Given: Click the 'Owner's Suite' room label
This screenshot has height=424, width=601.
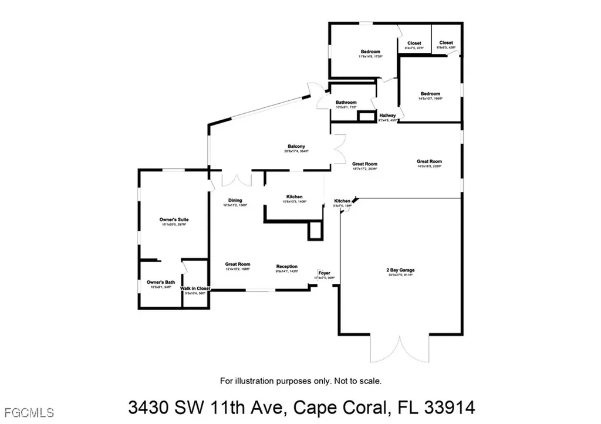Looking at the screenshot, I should pos(174,219).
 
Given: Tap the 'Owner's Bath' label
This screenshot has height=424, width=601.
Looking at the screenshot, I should pos(158,282).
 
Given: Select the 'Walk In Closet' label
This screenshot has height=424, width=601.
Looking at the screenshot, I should pos(195,289).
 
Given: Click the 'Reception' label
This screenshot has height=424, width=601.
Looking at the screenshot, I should pos(287,266).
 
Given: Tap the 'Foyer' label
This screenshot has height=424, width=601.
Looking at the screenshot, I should pos(324,273).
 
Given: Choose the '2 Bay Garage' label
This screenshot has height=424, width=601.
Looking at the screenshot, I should pos(400,270).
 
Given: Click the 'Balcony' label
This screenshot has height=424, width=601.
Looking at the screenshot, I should pos(296,147).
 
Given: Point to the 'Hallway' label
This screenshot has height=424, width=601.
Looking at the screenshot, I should pos(387,116).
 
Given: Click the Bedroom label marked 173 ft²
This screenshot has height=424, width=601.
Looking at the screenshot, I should pos(370,52).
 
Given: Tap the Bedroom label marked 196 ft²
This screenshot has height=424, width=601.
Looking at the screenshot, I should pos(430,94).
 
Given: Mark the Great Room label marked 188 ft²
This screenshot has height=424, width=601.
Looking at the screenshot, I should pos(238,264).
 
